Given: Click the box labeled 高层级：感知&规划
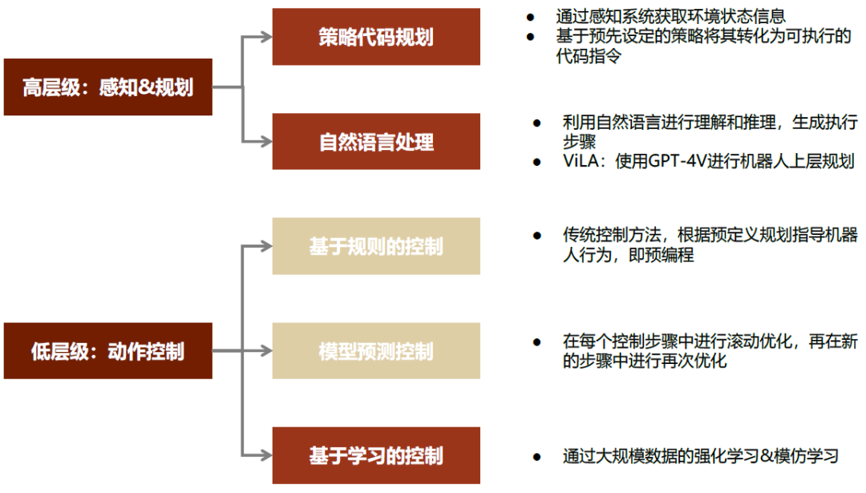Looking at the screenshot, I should point(107,87).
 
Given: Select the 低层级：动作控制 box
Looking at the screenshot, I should point(107,351).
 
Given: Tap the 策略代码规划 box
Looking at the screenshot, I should point(376,37).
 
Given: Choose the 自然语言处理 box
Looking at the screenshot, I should point(376,142).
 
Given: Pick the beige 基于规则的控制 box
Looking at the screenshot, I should point(376,246).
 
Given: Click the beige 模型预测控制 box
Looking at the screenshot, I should point(376,351).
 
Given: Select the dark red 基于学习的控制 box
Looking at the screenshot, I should point(376,456).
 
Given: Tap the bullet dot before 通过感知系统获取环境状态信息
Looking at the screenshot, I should point(529,17).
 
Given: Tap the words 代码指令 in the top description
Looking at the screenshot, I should point(588,56).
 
